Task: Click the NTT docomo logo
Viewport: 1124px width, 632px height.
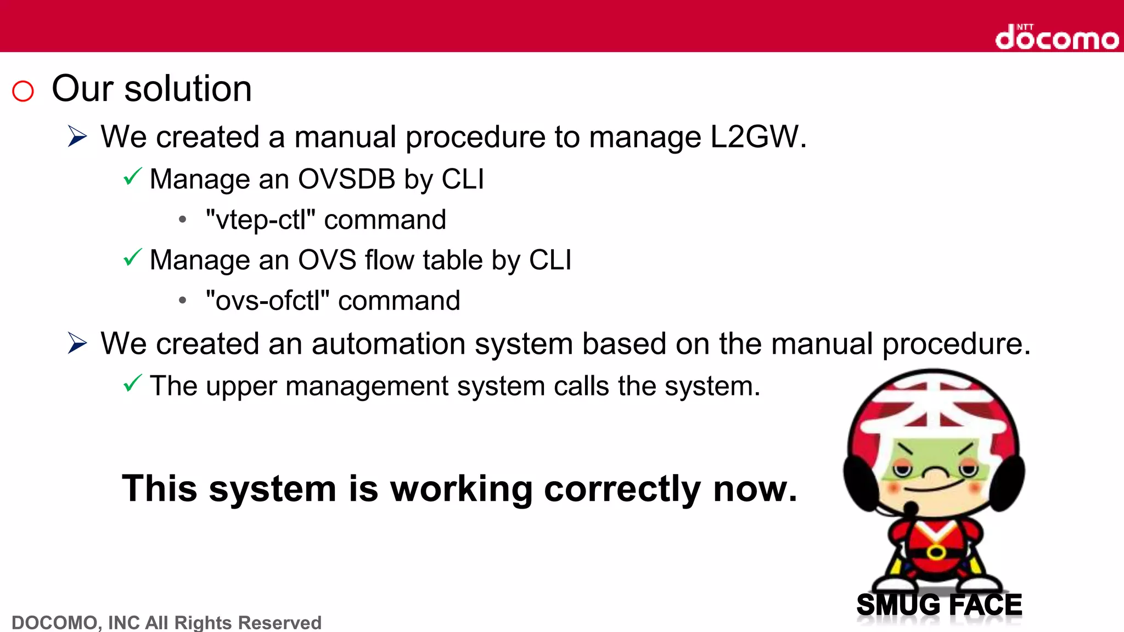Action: pyautogui.click(x=1056, y=37)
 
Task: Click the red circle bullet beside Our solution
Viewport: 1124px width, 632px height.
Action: pyautogui.click(x=23, y=91)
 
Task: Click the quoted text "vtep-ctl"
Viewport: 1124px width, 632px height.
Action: pyautogui.click(x=260, y=220)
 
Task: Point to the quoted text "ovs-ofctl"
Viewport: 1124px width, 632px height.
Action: pyautogui.click(x=267, y=301)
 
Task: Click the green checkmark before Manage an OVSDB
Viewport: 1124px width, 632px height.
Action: pyautogui.click(x=132, y=177)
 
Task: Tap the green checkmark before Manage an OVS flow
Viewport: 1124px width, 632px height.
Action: pyautogui.click(x=132, y=257)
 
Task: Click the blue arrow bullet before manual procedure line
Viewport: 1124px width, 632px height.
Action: pyautogui.click(x=77, y=136)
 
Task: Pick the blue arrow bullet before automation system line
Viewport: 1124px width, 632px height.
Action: pyautogui.click(x=77, y=343)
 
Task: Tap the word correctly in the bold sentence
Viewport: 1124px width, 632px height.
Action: pyautogui.click(x=622, y=489)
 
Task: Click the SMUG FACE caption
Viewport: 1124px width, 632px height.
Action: pyautogui.click(x=939, y=605)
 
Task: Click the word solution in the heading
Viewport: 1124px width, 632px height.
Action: pyautogui.click(x=188, y=89)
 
